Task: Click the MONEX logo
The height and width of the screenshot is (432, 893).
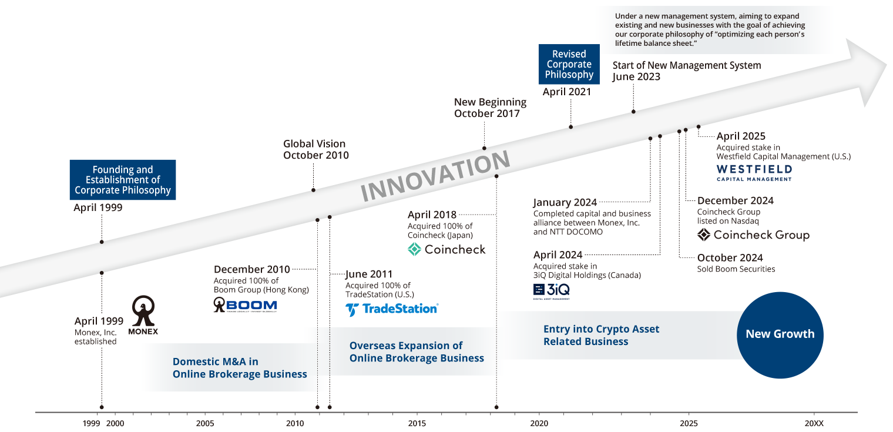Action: (x=143, y=315)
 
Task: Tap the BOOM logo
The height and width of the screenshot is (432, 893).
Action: (x=245, y=304)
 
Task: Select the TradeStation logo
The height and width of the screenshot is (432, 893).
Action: (x=391, y=309)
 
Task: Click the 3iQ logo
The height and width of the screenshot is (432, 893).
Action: (x=551, y=290)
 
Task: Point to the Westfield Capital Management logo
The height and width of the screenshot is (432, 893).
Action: (x=754, y=172)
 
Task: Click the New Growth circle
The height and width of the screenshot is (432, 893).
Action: (x=780, y=334)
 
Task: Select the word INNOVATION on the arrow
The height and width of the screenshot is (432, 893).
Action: (x=435, y=176)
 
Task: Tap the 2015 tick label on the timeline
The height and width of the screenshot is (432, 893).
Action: (x=417, y=423)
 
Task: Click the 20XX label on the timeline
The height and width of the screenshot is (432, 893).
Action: (x=814, y=423)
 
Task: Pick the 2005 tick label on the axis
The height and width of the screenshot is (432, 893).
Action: (x=205, y=423)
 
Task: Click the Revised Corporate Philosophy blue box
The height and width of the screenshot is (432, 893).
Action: (x=569, y=64)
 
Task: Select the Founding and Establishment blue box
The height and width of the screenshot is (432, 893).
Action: (x=123, y=180)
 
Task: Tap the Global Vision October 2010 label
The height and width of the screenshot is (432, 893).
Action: (x=315, y=149)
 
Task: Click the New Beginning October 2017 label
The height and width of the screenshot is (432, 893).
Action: (x=490, y=108)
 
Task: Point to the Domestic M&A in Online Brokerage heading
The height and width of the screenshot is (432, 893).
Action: (x=240, y=368)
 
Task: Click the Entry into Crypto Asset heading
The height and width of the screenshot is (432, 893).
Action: (x=601, y=335)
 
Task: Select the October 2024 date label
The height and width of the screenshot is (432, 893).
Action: (x=730, y=257)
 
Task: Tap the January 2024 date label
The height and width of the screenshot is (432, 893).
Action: (x=565, y=203)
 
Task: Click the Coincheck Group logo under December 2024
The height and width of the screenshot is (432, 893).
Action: (x=753, y=235)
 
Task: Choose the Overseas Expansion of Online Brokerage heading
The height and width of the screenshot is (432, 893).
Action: (x=417, y=351)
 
